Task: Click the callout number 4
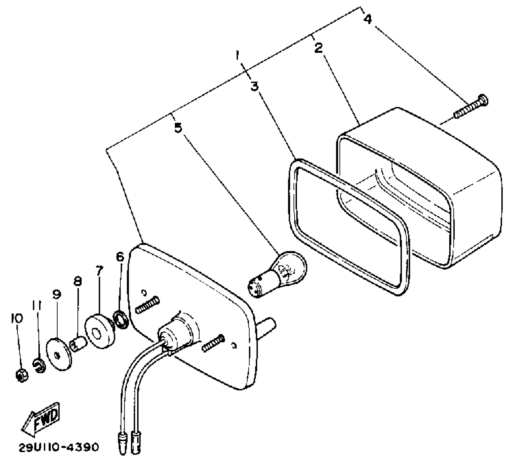[367, 19]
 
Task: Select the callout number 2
[318, 48]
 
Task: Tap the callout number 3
[254, 86]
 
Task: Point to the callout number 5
[178, 127]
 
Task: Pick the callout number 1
[238, 56]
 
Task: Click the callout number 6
[120, 257]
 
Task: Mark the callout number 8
[78, 281]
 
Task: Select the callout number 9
[57, 294]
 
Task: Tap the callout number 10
[17, 318]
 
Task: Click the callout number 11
[37, 306]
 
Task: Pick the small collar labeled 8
[78, 345]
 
